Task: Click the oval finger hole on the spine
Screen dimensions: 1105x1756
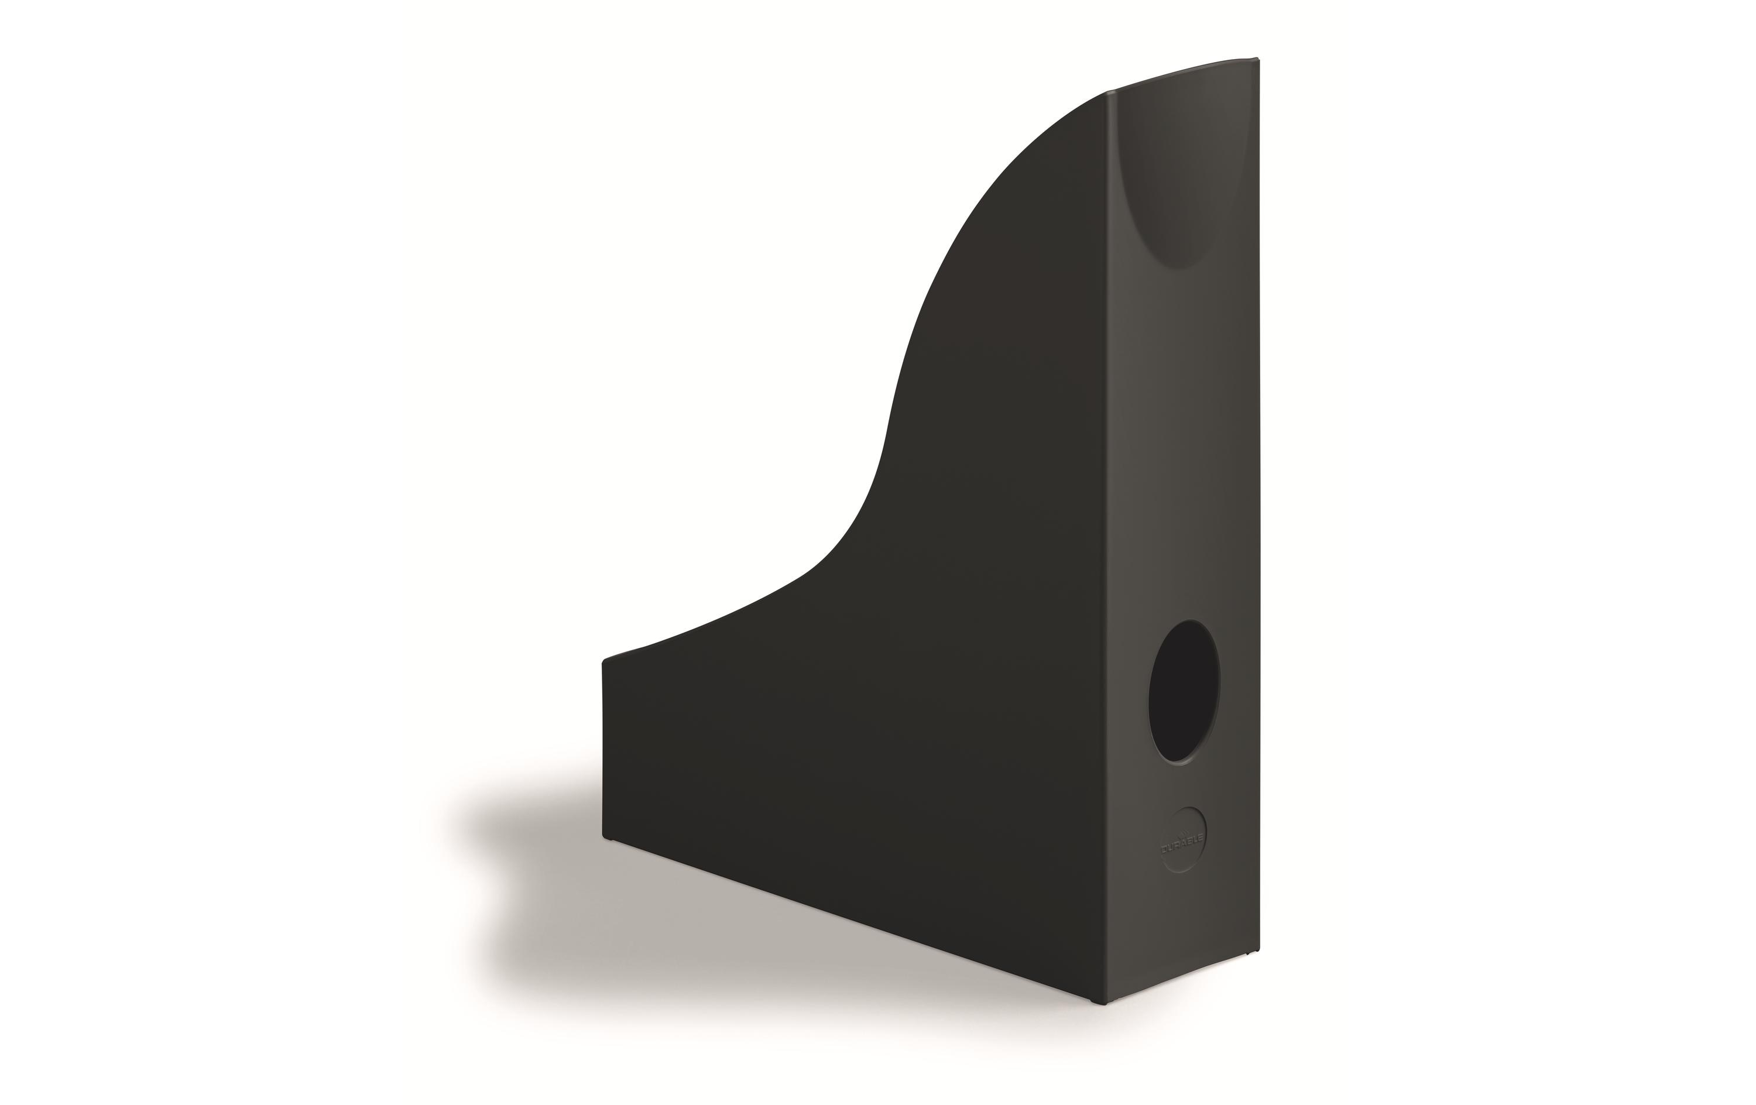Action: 1184,692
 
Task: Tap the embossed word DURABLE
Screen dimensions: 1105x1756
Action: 1183,845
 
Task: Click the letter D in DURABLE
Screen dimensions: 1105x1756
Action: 1165,850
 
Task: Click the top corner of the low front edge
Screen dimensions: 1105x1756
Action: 604,661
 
